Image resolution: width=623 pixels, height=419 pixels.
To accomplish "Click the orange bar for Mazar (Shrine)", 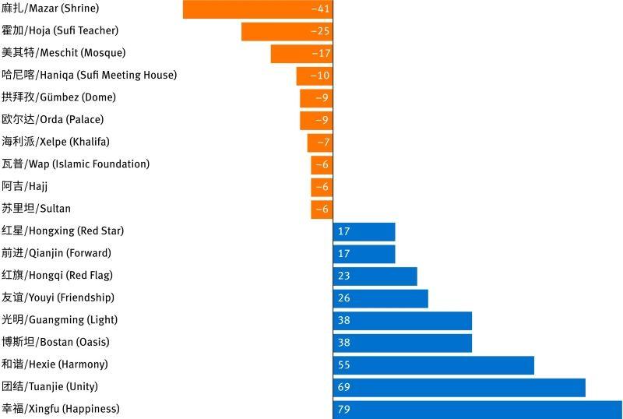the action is point(258,9).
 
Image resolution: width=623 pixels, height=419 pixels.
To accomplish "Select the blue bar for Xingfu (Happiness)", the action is point(477,410).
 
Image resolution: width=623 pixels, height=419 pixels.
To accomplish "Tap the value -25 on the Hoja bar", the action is point(320,31).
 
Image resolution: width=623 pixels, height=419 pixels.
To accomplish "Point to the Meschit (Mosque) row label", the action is point(64,52).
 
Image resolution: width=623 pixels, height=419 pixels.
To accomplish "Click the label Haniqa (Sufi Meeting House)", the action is point(89,75).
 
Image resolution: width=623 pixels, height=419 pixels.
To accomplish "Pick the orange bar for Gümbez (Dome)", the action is point(316,98).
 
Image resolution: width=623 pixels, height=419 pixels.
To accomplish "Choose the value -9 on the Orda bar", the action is point(322,120).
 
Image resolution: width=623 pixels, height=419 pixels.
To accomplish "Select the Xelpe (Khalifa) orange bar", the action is point(320,143).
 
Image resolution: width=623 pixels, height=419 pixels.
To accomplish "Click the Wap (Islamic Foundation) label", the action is point(76,164).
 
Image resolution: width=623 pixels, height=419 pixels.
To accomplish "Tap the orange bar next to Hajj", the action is point(322,187).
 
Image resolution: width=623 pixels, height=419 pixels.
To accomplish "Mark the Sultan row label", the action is point(36,208).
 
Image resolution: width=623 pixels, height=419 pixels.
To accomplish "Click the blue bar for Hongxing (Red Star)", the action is point(364,232).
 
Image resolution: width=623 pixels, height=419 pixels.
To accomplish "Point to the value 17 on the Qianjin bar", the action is point(343,254).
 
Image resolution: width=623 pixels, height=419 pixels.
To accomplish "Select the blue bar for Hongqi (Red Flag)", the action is point(375,276).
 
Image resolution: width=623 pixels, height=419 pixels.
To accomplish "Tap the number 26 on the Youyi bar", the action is point(343,298).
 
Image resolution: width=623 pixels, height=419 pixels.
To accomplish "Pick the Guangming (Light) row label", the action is point(60,319).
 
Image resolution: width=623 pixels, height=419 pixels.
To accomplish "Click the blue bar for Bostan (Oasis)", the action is point(403,343).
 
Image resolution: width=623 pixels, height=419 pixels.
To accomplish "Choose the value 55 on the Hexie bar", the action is point(343,365).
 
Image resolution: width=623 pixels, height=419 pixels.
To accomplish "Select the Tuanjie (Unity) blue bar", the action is point(459,388).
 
